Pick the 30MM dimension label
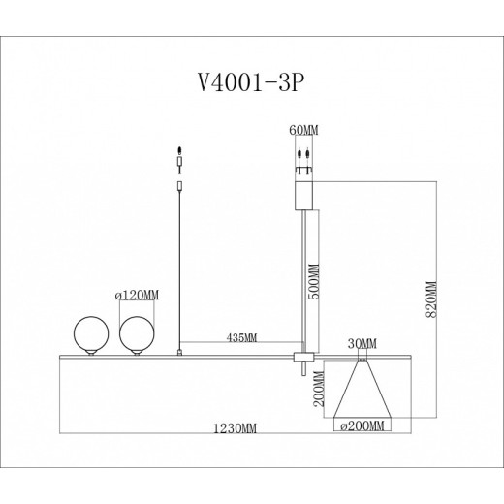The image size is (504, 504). pyautogui.click(x=362, y=341)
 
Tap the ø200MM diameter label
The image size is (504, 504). pyautogui.click(x=362, y=425)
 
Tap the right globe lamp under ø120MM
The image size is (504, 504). pyautogui.click(x=136, y=334)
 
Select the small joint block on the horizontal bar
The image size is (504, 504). pyautogui.click(x=302, y=359)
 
